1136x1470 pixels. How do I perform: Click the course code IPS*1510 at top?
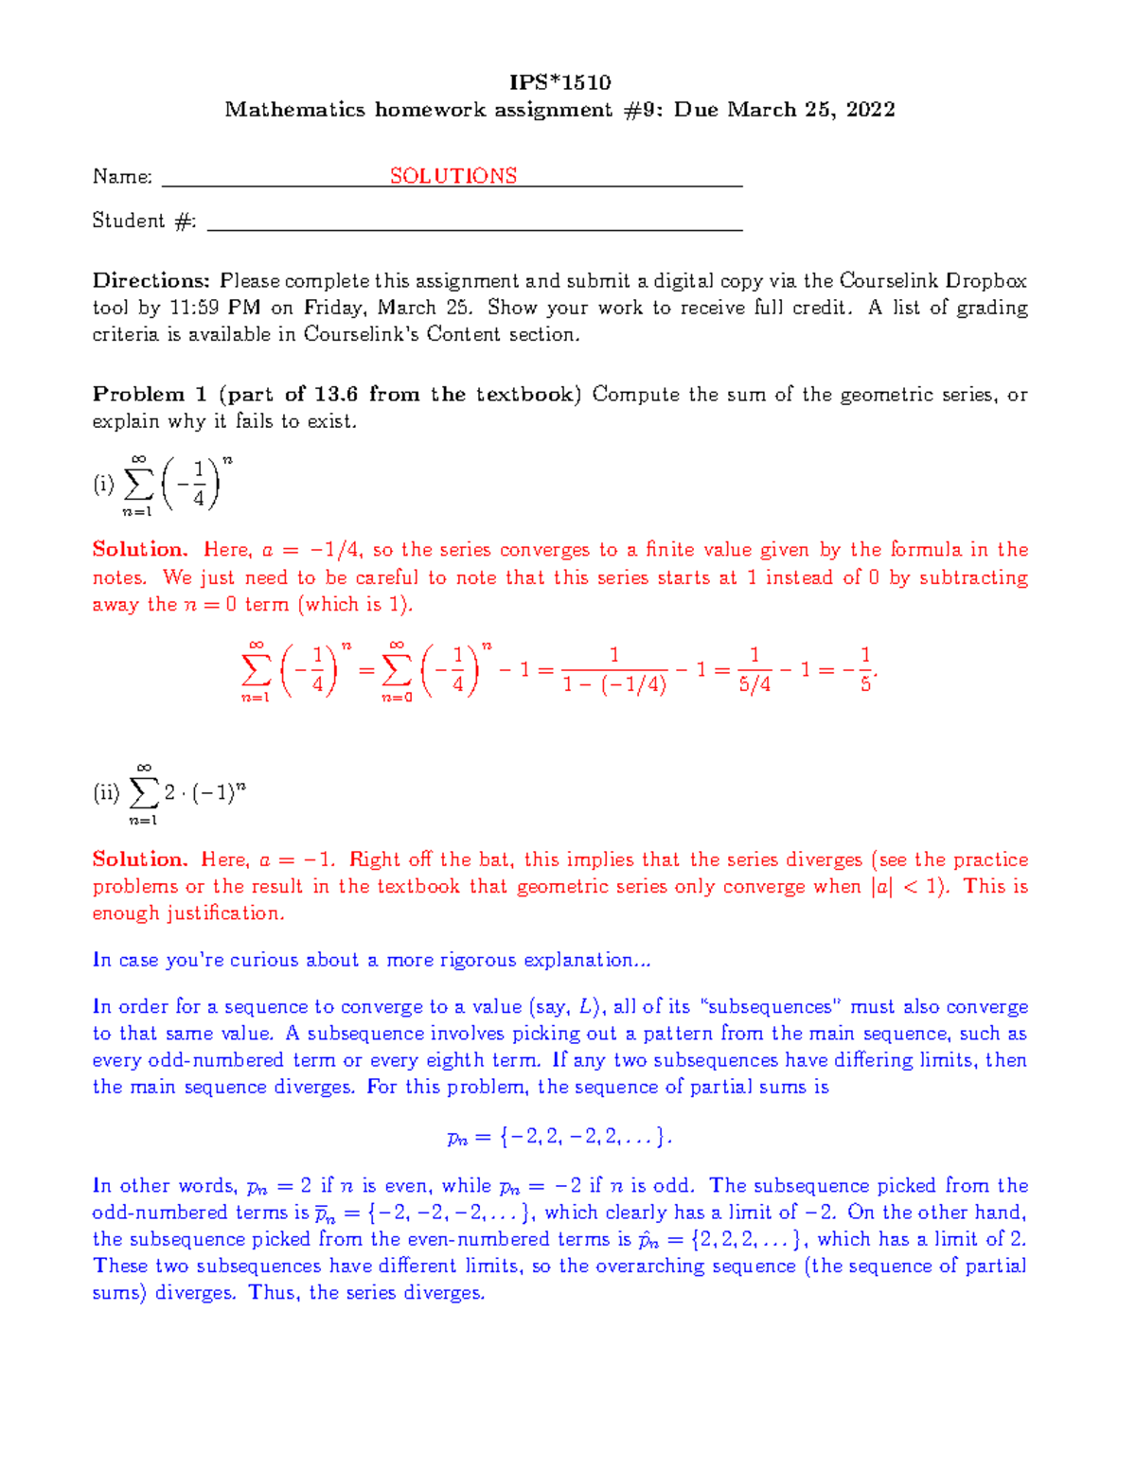click(x=559, y=82)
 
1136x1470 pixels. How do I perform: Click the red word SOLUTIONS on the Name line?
click(x=453, y=176)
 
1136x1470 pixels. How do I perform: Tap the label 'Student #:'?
click(x=144, y=221)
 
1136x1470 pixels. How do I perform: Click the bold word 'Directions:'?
click(x=151, y=281)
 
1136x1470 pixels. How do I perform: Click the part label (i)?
click(x=103, y=485)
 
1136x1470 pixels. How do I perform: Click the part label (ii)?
click(x=106, y=793)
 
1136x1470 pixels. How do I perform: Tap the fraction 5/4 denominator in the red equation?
click(x=754, y=684)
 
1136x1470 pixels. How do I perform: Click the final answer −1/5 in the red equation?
click(x=856, y=669)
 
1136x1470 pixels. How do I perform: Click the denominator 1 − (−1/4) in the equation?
click(x=614, y=684)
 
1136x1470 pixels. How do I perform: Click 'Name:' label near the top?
click(x=122, y=177)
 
